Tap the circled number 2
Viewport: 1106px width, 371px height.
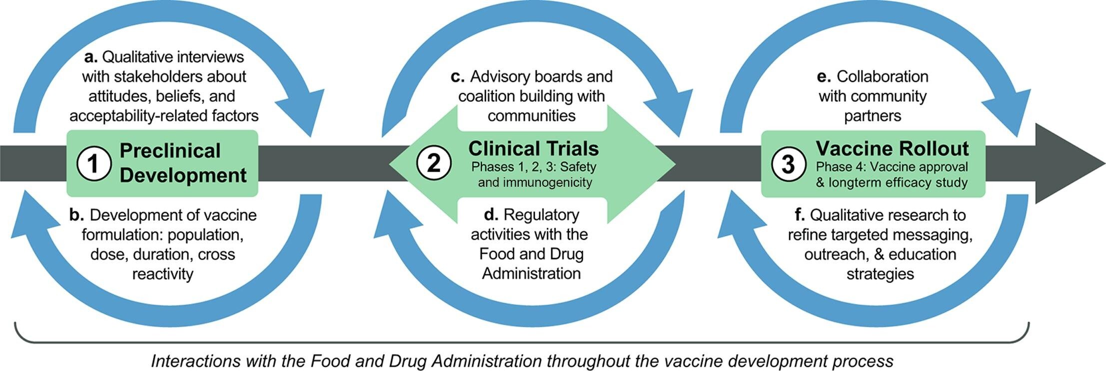pos(434,163)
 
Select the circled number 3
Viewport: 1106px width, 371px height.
pos(788,164)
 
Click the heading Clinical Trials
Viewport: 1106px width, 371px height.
pos(533,148)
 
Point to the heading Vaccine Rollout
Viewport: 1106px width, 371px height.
pos(892,148)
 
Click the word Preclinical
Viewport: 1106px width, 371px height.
pos(170,150)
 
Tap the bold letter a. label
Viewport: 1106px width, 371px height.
pos(90,57)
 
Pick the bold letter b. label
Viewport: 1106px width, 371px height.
pos(76,215)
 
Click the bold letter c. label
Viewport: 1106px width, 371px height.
pos(457,77)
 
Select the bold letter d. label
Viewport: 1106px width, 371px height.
pos(491,215)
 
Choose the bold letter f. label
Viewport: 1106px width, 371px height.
pos(800,215)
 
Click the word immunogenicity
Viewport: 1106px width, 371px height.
pos(547,182)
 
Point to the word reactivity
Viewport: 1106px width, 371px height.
pos(162,274)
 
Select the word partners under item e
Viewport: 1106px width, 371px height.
pos(873,116)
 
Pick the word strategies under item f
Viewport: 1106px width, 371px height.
pos(880,274)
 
